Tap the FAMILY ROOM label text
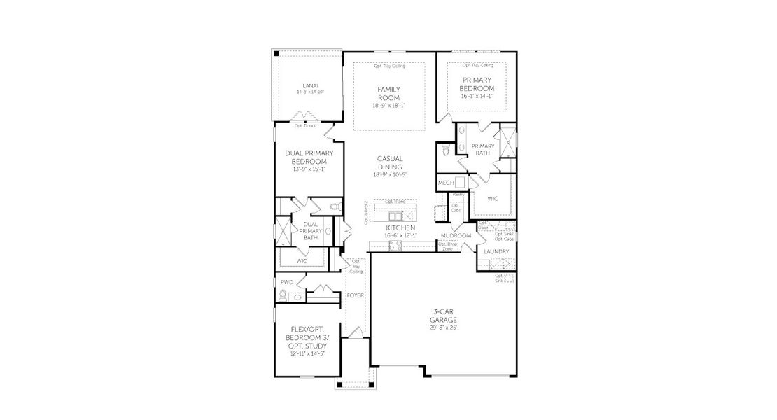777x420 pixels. pyautogui.click(x=389, y=93)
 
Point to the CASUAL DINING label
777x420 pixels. pyautogui.click(x=389, y=163)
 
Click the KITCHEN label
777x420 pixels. pyautogui.click(x=400, y=228)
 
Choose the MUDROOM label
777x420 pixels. pyautogui.click(x=456, y=236)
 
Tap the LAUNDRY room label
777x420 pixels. pyautogui.click(x=496, y=251)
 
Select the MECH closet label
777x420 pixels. pyautogui.click(x=446, y=183)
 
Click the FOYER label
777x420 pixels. pyautogui.click(x=356, y=296)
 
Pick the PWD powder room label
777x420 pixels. pyautogui.click(x=286, y=282)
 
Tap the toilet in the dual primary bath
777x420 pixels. pyautogui.click(x=335, y=207)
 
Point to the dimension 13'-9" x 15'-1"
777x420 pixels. pyautogui.click(x=309, y=169)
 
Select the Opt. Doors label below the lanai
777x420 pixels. pyautogui.click(x=305, y=126)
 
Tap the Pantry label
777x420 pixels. pyautogui.click(x=458, y=194)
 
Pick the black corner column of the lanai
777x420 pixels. pyautogui.click(x=276, y=53)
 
